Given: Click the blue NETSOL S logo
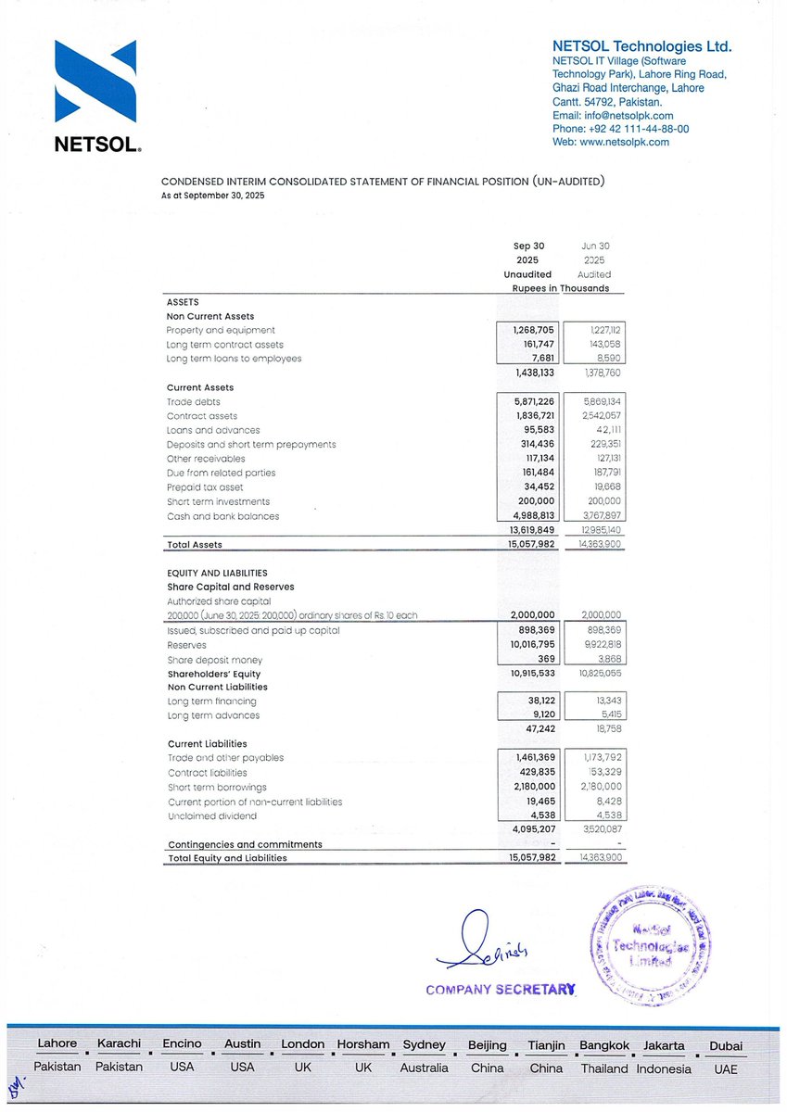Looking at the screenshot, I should tap(95, 82).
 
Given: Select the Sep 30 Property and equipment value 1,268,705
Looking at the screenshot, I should tap(533, 330).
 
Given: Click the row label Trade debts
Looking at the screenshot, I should tap(186, 401).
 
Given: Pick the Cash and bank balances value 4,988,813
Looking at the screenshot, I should tap(533, 516).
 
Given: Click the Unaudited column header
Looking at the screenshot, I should tap(527, 274).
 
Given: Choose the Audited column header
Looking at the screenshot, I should tap(594, 274).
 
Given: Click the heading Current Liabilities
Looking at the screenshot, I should tap(207, 743).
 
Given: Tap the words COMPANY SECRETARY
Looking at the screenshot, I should tap(501, 990).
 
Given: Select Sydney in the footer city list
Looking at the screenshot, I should tap(425, 1044).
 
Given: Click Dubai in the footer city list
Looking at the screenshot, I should tap(725, 1045).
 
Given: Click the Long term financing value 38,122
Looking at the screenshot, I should tap(538, 701).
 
